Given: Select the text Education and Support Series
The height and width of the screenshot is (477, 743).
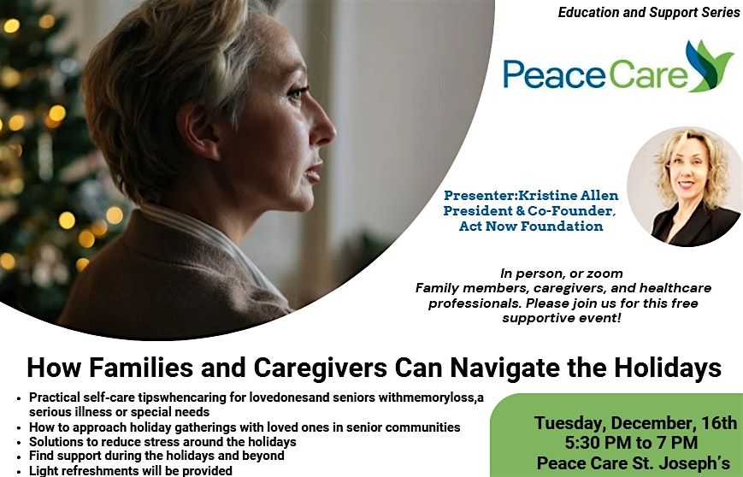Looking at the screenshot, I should click(x=649, y=13).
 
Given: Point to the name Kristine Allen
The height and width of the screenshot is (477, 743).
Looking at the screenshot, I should click(x=570, y=196).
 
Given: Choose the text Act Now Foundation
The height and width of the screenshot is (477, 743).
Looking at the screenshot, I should click(x=531, y=227).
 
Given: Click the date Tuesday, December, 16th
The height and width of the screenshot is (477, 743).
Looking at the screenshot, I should click(x=635, y=422).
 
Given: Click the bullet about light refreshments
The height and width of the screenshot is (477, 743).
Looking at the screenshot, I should click(x=131, y=471).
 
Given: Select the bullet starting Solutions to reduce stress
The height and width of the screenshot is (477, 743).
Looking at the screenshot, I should click(x=162, y=442).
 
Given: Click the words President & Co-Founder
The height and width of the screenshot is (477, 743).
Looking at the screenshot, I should click(x=531, y=211).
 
